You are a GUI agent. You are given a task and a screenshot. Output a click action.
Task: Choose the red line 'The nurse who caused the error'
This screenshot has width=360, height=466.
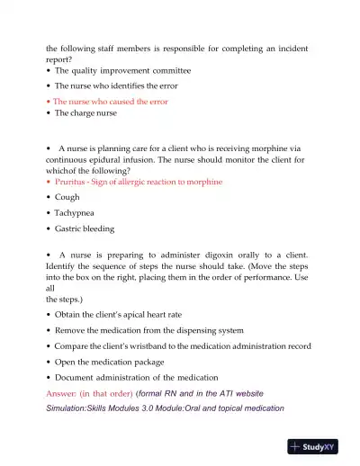click(x=111, y=102)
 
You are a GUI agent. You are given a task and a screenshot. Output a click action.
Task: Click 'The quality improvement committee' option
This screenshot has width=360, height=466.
click(x=122, y=70)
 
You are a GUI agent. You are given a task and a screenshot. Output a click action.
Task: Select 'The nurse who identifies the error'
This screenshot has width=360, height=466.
click(x=115, y=85)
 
